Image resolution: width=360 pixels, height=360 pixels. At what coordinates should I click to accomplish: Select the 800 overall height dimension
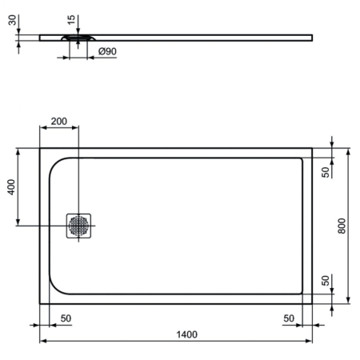pos(342,226)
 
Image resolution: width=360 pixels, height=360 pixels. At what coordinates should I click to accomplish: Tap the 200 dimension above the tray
pos(59,122)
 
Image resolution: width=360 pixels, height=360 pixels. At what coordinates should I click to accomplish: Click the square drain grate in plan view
pos(80,226)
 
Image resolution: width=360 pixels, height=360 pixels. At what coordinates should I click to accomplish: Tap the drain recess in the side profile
pos(77,37)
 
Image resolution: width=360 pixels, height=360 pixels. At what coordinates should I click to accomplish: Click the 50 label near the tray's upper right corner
pos(326,171)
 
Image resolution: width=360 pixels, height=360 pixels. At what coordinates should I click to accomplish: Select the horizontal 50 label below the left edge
pos(66,318)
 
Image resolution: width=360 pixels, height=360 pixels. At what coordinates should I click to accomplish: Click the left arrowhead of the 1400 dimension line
pos(42,342)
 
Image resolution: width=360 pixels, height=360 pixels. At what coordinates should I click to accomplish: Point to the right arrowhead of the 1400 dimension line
pos(310,342)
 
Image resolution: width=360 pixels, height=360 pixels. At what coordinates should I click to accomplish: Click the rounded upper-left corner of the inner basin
pos(56,164)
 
